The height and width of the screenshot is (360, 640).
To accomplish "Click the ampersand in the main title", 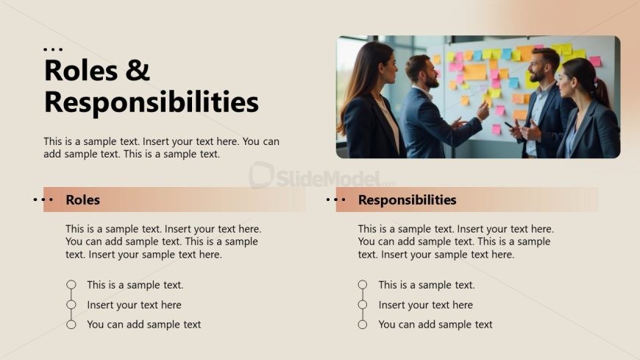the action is (x=138, y=69).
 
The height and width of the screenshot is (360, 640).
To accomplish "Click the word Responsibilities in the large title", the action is (x=152, y=102).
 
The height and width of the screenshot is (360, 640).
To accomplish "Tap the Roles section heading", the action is (x=82, y=200).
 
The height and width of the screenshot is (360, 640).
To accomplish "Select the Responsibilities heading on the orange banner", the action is (x=407, y=200).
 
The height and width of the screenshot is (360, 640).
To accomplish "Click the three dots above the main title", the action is (x=53, y=49).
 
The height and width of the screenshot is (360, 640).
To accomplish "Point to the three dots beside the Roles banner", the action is (x=43, y=200).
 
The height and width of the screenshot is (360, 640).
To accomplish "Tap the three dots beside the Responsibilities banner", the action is (x=336, y=200).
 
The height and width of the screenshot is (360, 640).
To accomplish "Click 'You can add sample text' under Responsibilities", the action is (x=435, y=325).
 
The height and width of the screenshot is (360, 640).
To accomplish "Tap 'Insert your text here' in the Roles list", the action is (x=134, y=305).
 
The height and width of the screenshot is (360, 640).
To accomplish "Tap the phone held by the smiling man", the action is (x=509, y=125).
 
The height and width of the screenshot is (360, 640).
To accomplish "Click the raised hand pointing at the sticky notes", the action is (x=483, y=110).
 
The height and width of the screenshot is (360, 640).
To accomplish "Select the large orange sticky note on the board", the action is (x=475, y=72).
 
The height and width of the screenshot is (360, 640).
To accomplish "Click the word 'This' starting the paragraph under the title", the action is (x=53, y=141).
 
